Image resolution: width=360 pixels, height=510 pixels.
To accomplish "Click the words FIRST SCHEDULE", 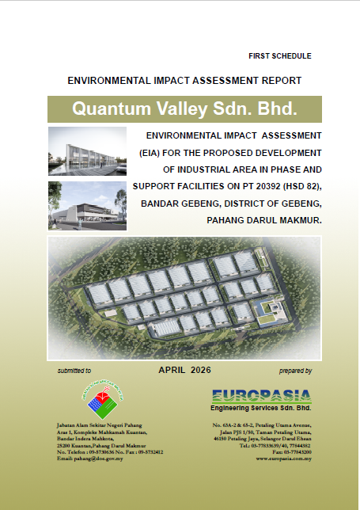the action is pyautogui.click(x=280, y=56).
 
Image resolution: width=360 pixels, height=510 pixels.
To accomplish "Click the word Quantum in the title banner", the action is pyautogui.click(x=112, y=108).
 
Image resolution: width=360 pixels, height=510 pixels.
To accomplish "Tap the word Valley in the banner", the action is pyautogui.click(x=182, y=108).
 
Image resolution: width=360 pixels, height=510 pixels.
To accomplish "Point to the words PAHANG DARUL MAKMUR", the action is pyautogui.click(x=264, y=220).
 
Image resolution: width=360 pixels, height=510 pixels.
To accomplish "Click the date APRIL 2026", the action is pyautogui.click(x=184, y=370).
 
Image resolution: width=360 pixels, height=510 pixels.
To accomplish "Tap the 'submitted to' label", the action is pyautogui.click(x=74, y=371).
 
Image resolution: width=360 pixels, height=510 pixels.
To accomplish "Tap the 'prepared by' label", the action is pyautogui.click(x=295, y=371).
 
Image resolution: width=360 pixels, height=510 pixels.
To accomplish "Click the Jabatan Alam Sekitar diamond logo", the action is pyautogui.click(x=102, y=399).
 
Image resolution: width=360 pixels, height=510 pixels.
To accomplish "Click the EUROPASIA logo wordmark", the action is pyautogui.click(x=262, y=396).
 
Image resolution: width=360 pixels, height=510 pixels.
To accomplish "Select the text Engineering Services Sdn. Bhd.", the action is pyautogui.click(x=261, y=408).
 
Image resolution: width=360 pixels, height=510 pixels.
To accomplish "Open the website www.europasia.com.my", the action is pyautogui.click(x=283, y=459).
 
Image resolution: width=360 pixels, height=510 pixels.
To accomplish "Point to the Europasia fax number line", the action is pyautogui.click(x=292, y=452).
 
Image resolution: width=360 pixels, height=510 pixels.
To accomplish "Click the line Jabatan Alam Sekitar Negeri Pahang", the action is pyautogui.click(x=100, y=425).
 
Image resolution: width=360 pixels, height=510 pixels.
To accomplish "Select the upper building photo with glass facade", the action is pyautogui.click(x=87, y=151).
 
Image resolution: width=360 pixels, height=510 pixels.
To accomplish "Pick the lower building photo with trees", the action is pyautogui.click(x=87, y=206).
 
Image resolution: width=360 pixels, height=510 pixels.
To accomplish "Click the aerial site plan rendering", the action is pyautogui.click(x=184, y=298).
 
